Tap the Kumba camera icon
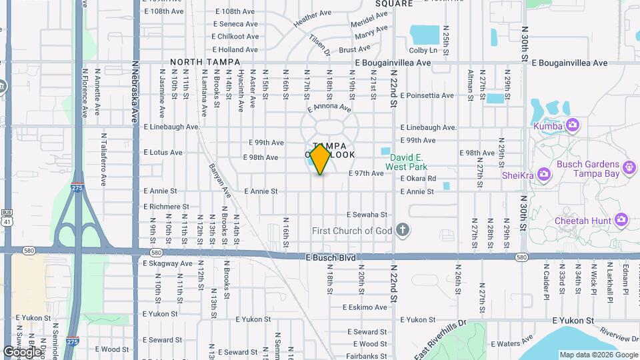pyautogui.click(x=572, y=125)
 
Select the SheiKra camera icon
pyautogui.click(x=543, y=175)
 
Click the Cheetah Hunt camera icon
pyautogui.click(x=621, y=219)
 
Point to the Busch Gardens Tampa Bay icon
pyautogui.click(x=629, y=168)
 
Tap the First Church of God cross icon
pyautogui.click(x=402, y=231)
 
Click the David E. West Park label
pyautogui.click(x=408, y=164)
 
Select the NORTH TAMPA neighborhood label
pyautogui.click(x=205, y=62)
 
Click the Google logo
pyautogui.click(x=22, y=351)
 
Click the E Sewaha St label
pyautogui.click(x=367, y=215)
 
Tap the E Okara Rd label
pyautogui.click(x=418, y=179)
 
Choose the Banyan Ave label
pyautogui.click(x=219, y=181)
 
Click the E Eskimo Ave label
pyautogui.click(x=365, y=307)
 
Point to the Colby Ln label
pyautogui.click(x=423, y=50)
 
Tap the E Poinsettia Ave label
pyautogui.click(x=427, y=95)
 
